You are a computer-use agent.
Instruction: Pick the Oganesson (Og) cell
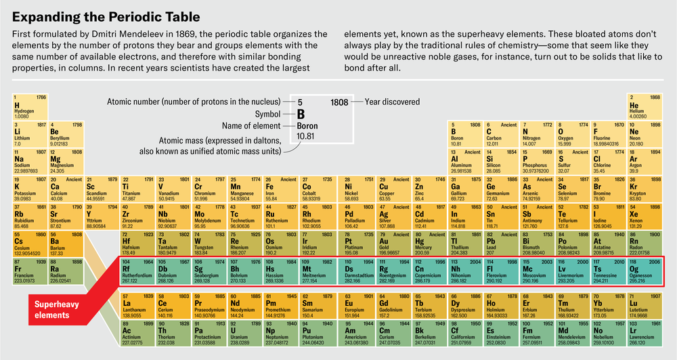[x=645, y=271]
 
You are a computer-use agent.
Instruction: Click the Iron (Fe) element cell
[x=276, y=189]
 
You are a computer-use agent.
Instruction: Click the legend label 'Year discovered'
[x=392, y=102]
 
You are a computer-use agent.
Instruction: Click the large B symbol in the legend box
[x=303, y=114]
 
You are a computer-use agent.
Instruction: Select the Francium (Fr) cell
[x=28, y=271]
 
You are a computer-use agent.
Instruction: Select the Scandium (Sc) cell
[x=101, y=189]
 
